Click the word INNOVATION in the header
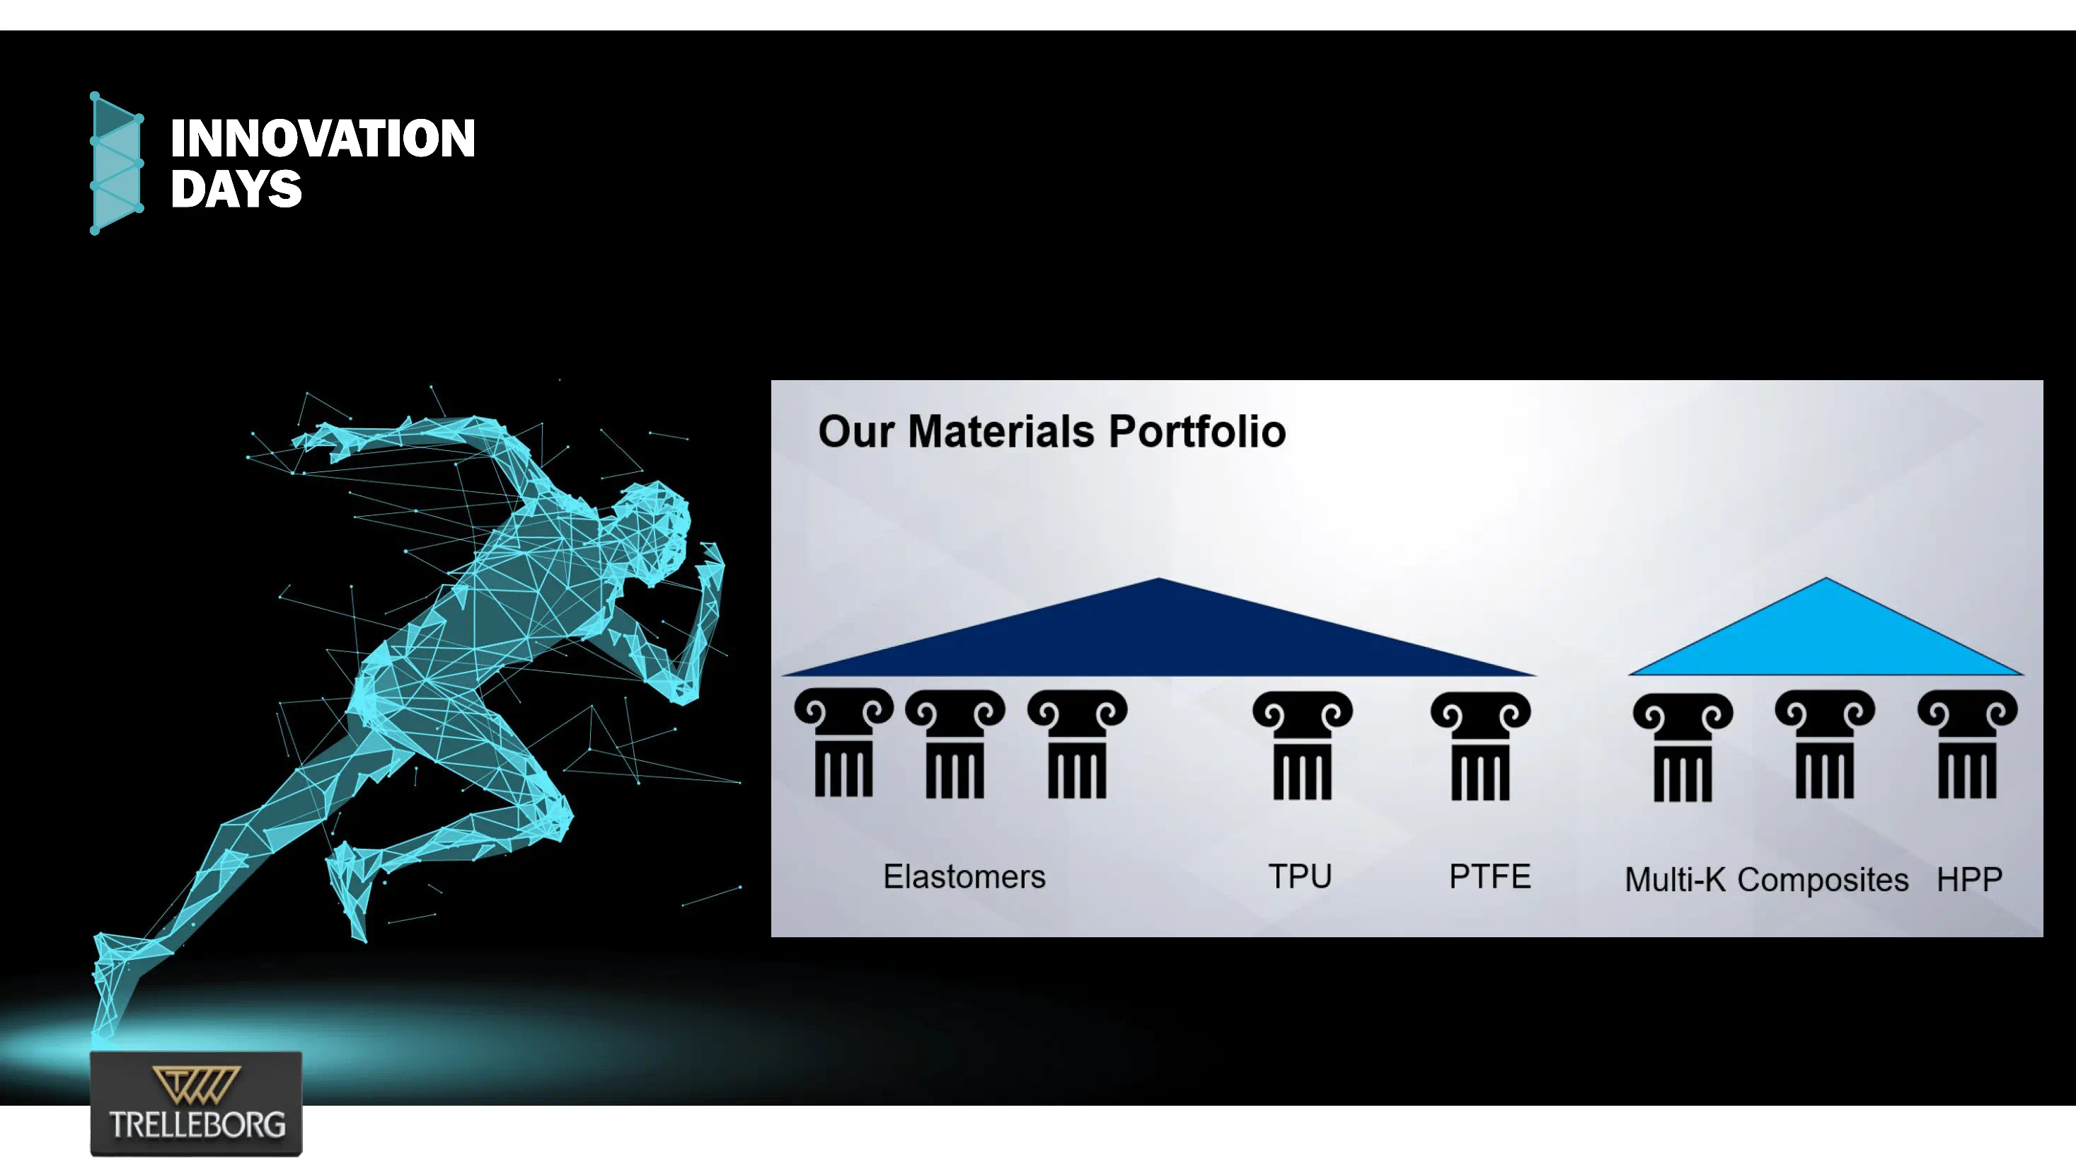pyautogui.click(x=323, y=138)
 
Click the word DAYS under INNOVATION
pyautogui.click(x=236, y=190)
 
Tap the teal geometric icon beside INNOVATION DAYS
pyautogui.click(x=117, y=164)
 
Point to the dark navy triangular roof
pyautogui.click(x=1158, y=637)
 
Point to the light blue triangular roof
pyautogui.click(x=1826, y=637)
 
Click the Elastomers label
pyautogui.click(x=964, y=876)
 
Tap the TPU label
pyautogui.click(x=1300, y=876)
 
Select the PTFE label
pyautogui.click(x=1489, y=876)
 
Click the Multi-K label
pyautogui.click(x=1675, y=879)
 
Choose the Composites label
pyautogui.click(x=1822, y=879)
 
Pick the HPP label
pyautogui.click(x=1969, y=879)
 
